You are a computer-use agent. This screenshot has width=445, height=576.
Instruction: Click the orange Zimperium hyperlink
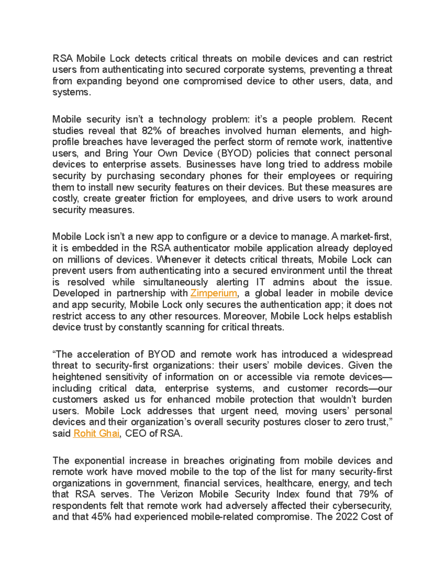pos(213,293)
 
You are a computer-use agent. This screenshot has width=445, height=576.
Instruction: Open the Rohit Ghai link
pos(96,434)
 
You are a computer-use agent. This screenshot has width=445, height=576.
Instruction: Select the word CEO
pos(136,434)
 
